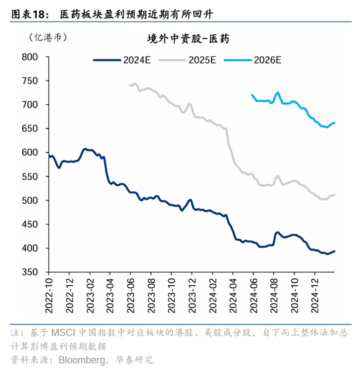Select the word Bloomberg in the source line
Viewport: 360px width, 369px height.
coord(82,359)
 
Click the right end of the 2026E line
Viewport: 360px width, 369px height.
coord(334,123)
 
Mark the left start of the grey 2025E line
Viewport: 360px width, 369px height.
coord(129,85)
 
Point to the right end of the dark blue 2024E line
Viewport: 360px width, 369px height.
coord(334,251)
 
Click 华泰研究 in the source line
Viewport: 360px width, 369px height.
coord(134,359)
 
